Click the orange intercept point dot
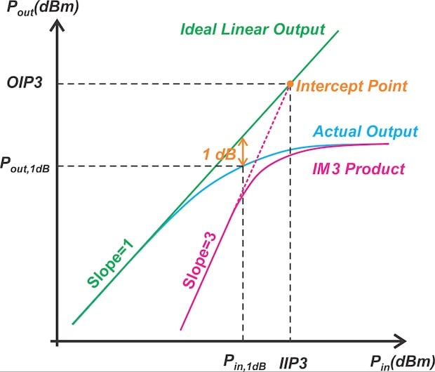pyautogui.click(x=290, y=85)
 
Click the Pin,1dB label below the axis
pyautogui.click(x=244, y=361)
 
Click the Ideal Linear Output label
pyautogui.click(x=253, y=30)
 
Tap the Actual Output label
pyautogui.click(x=366, y=131)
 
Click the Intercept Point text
pyautogui.click(x=352, y=87)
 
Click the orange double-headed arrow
pyautogui.click(x=243, y=150)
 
